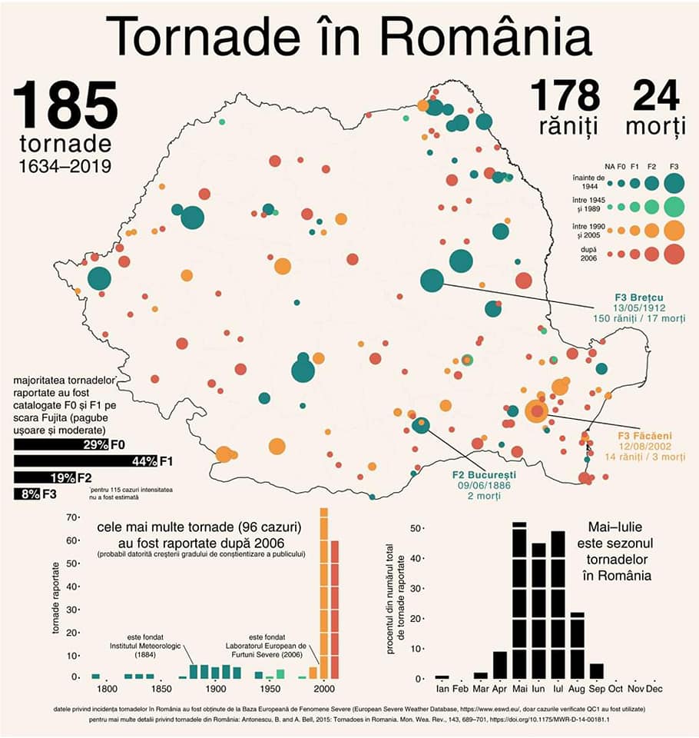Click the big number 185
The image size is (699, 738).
(65, 105)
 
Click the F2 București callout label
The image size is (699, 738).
(483, 475)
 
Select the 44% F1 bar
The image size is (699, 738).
(84, 461)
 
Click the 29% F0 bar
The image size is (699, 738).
(61, 444)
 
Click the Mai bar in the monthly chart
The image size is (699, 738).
(519, 600)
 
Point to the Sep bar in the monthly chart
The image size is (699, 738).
(597, 670)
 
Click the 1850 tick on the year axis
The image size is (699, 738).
(161, 690)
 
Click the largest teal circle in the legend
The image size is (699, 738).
(674, 183)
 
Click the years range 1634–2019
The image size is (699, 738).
(65, 166)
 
